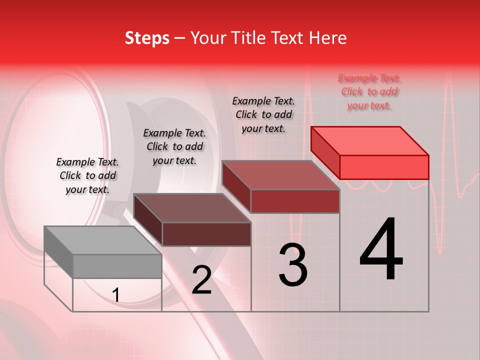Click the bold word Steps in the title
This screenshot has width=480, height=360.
(x=147, y=38)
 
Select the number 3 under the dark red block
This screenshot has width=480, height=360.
(x=293, y=265)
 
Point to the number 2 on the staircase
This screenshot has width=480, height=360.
(x=201, y=280)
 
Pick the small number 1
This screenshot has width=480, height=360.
(x=116, y=295)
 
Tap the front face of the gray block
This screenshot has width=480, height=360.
(x=117, y=266)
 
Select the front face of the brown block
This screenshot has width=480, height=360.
(x=206, y=234)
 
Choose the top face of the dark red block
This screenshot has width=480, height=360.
(x=280, y=175)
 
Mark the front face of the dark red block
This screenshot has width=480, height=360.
(x=295, y=201)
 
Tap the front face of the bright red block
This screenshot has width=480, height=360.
(x=384, y=167)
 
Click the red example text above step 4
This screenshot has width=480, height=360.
(x=369, y=92)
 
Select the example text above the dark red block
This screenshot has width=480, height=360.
(x=263, y=114)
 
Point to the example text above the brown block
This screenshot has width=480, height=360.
(x=174, y=146)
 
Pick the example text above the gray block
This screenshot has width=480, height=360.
(x=87, y=175)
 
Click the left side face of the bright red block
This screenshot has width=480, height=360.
(x=325, y=152)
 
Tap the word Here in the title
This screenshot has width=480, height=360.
(x=330, y=38)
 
